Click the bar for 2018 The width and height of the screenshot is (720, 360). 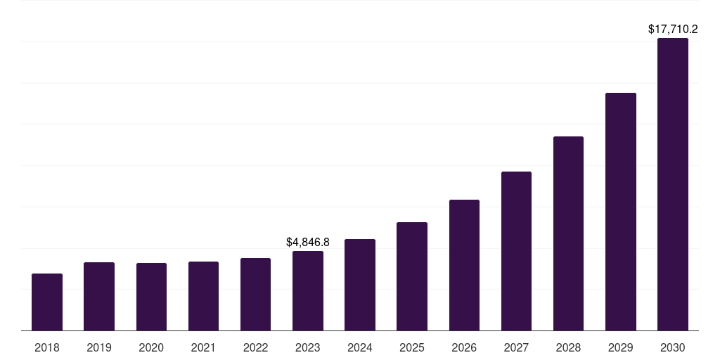click(47, 302)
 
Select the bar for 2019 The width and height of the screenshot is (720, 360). click(99, 297)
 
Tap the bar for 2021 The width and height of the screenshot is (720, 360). click(203, 296)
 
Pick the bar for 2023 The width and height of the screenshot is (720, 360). click(308, 291)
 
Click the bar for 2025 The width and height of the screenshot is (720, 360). click(412, 276)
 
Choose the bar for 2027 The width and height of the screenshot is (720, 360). click(516, 251)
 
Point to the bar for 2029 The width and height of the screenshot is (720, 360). click(621, 212)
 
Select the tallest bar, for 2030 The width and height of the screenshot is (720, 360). click(673, 184)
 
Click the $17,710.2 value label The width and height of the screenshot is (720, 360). click(673, 30)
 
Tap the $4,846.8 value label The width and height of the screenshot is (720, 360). click(308, 242)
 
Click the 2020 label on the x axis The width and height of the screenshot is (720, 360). click(151, 347)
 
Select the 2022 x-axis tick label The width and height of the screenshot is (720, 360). click(255, 347)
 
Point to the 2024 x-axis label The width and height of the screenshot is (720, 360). click(360, 347)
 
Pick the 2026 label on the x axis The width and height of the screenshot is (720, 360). click(464, 347)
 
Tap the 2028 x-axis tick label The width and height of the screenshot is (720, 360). click(568, 347)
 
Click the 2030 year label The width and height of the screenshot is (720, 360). click(673, 347)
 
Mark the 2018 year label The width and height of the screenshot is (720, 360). click(47, 347)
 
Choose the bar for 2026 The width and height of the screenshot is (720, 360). click(464, 265)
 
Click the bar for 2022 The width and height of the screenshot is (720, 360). click(255, 295)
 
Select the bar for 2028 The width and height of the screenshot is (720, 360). click(568, 233)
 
